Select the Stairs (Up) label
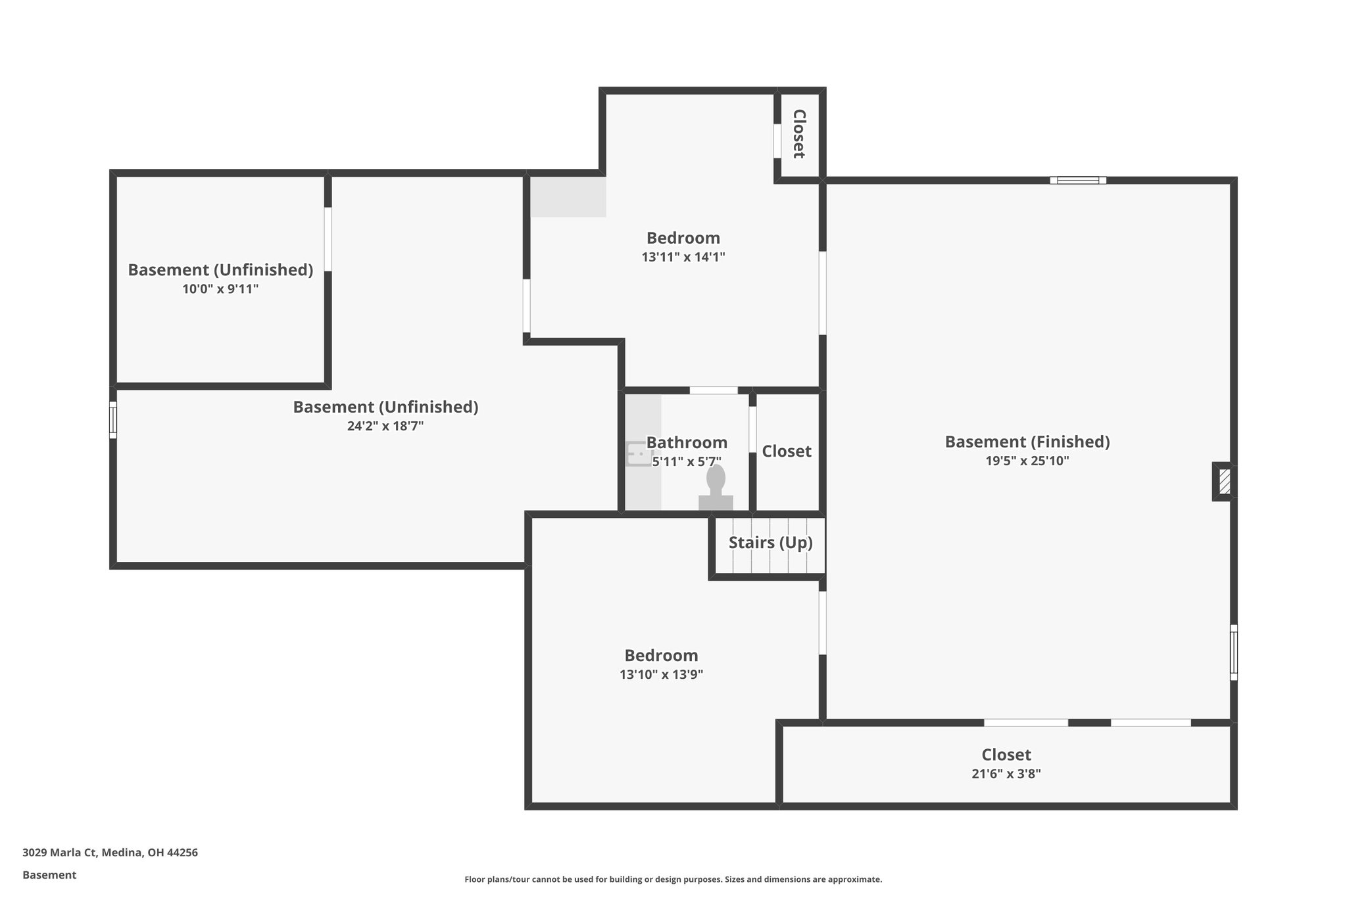point(770,543)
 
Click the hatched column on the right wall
point(1224,482)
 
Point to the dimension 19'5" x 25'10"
point(1027,461)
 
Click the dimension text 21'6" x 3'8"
point(1006,774)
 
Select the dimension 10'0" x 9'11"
point(220,289)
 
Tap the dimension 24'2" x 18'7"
point(385,426)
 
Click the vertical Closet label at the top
point(799,134)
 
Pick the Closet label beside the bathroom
point(787,451)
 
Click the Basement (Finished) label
point(1027,442)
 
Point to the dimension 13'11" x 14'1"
point(683,257)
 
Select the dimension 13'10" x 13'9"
point(661,675)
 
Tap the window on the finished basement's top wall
point(1077,180)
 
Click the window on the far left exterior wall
point(113,420)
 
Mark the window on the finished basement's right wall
point(1234,652)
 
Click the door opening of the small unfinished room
point(328,239)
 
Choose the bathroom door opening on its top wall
point(714,390)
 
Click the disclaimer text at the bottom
point(673,879)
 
